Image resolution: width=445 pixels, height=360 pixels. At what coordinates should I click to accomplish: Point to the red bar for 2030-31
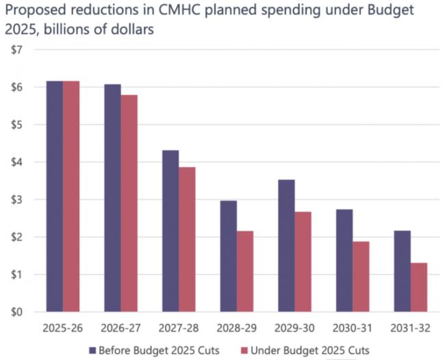point(361,277)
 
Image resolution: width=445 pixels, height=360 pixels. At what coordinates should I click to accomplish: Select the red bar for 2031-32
point(419,287)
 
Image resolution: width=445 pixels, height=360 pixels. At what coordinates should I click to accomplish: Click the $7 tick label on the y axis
point(16,50)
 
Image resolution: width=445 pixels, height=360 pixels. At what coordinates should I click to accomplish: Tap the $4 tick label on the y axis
point(16,162)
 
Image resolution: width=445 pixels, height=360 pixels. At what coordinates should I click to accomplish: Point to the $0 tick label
point(16,312)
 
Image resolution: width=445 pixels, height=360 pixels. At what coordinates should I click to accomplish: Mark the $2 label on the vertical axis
point(16,237)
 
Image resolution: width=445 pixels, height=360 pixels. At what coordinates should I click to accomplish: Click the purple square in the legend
point(92,351)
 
